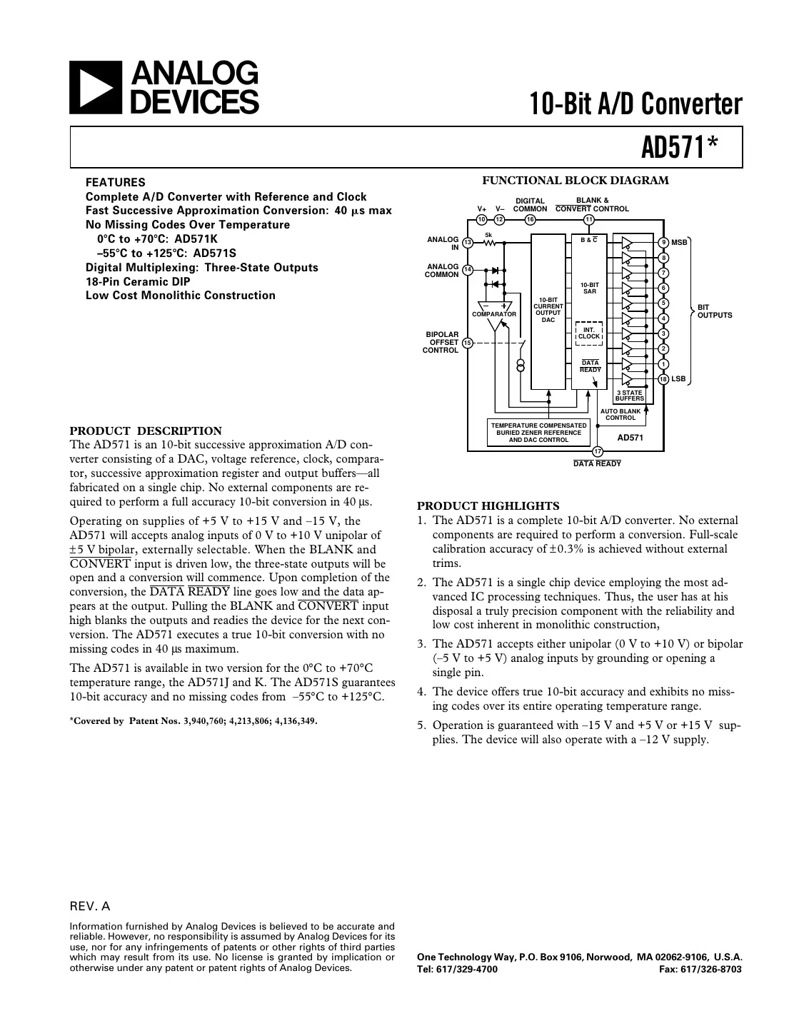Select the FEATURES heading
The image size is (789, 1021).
pyautogui.click(x=115, y=182)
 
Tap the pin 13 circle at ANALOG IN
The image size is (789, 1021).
pyautogui.click(x=468, y=243)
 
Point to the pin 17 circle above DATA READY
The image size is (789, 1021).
pyautogui.click(x=598, y=451)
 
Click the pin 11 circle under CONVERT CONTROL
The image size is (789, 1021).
pyautogui.click(x=589, y=219)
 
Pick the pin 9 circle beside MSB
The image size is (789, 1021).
pyautogui.click(x=663, y=243)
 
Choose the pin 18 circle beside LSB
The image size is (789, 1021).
pyautogui.click(x=663, y=379)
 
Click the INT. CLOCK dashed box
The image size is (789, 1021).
pyautogui.click(x=589, y=333)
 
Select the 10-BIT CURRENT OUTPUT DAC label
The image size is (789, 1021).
pyautogui.click(x=548, y=310)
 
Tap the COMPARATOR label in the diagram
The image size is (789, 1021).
pyautogui.click(x=494, y=314)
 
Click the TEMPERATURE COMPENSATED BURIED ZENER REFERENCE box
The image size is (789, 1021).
pyautogui.click(x=538, y=433)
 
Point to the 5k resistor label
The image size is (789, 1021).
pyautogui.click(x=488, y=234)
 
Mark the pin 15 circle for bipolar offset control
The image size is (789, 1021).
pyautogui.click(x=468, y=343)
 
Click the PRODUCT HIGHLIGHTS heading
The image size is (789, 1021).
pyautogui.click(x=488, y=506)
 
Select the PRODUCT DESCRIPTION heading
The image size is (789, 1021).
pyautogui.click(x=146, y=431)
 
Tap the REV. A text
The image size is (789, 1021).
pyautogui.click(x=90, y=907)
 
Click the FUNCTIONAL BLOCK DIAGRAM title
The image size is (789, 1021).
pyautogui.click(x=576, y=181)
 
